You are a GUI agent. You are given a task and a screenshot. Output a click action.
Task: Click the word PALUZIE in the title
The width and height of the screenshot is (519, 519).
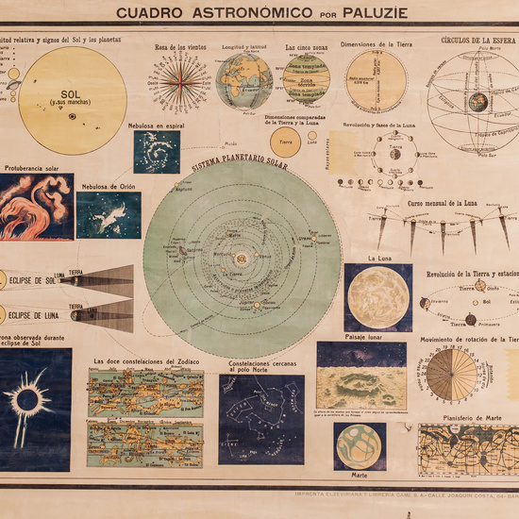[x=367, y=13]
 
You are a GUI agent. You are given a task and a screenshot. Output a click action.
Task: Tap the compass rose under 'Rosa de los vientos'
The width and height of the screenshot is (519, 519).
[x=180, y=81]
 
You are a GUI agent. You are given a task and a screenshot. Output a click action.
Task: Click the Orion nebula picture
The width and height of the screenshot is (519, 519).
[x=109, y=215]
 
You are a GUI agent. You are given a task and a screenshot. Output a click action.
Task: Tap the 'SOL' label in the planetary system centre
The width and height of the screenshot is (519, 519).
[x=242, y=259]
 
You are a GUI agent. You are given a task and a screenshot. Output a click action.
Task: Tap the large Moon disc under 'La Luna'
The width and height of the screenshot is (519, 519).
[x=377, y=297]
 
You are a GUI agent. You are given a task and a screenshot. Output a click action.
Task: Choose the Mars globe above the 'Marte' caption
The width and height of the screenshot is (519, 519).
[x=359, y=445]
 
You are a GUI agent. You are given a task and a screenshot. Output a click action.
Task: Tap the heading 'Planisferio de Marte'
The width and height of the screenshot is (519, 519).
[x=467, y=416]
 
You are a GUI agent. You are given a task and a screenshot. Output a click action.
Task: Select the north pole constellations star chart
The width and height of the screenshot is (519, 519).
[x=261, y=419]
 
